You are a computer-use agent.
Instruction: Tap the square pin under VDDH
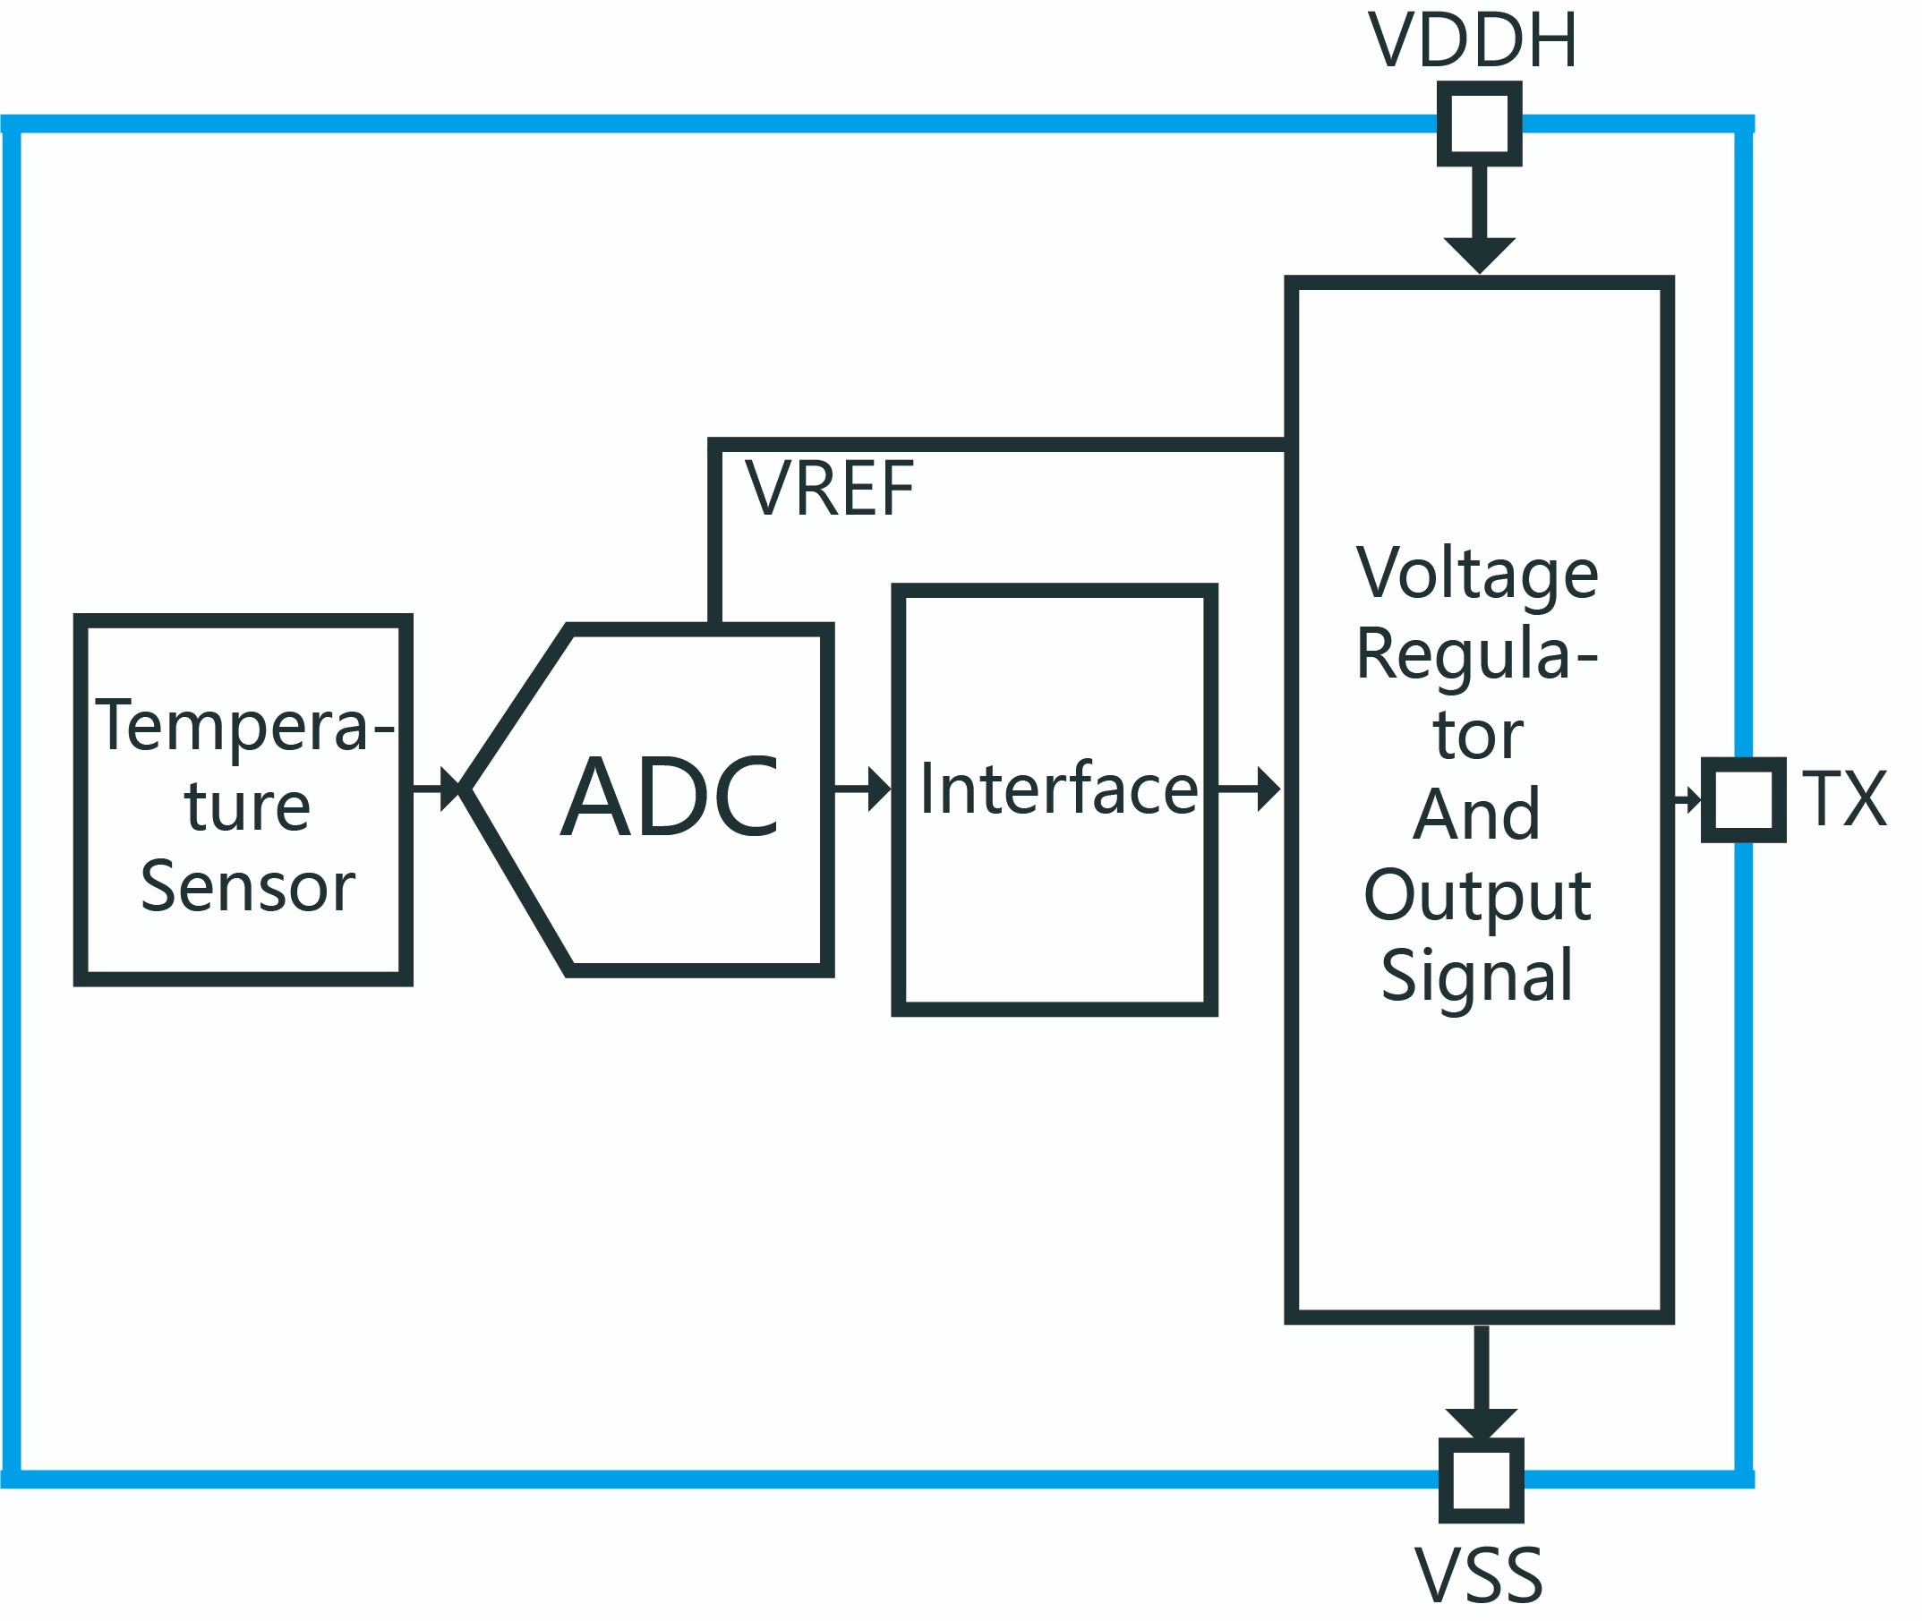(1479, 124)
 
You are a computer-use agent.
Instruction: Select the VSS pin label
(1478, 1577)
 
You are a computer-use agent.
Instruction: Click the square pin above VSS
(1481, 1480)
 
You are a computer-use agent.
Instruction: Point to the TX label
(1844, 799)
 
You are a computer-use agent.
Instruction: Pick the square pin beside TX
(1743, 799)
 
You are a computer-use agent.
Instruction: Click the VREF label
(829, 489)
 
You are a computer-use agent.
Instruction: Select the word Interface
(1059, 789)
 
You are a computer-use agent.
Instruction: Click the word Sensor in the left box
(247, 887)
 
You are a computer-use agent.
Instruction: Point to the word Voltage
(1477, 574)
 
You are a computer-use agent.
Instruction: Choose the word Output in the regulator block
(1477, 895)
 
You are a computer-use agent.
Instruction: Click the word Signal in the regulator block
(1477, 975)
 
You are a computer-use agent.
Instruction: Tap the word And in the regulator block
(1476, 815)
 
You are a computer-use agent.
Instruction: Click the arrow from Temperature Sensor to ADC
(438, 789)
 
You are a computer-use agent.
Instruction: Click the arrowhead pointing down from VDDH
(1479, 253)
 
